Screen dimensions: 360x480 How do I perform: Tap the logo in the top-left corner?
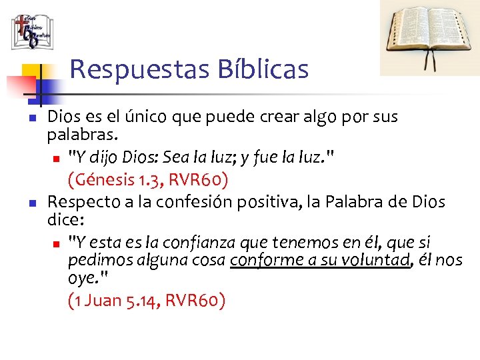pyautogui.click(x=31, y=31)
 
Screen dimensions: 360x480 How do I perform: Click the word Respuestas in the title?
pyautogui.click(x=124, y=69)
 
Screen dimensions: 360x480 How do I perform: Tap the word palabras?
pyautogui.click(x=81, y=136)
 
